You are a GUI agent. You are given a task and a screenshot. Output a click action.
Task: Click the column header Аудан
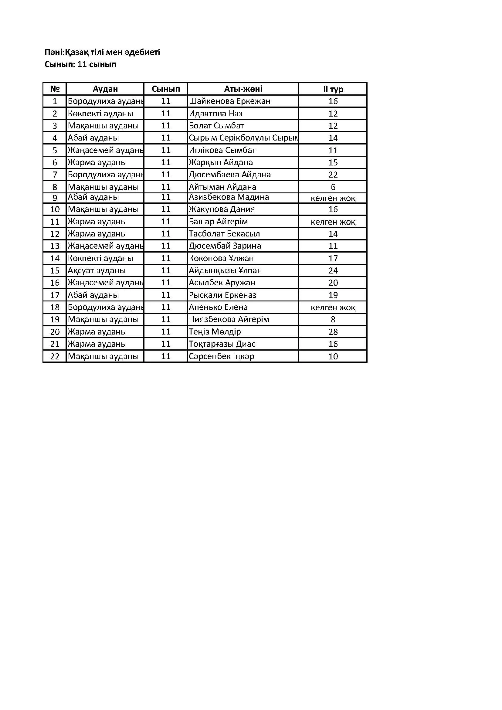point(105,89)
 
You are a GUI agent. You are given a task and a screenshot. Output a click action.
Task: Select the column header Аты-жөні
point(243,89)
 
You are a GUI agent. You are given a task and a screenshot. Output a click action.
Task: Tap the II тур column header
point(333,89)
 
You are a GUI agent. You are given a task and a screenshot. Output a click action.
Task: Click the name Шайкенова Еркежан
point(229,101)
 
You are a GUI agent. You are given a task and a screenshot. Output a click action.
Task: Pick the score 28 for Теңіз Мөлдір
point(333,332)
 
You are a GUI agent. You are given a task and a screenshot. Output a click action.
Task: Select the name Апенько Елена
point(218,307)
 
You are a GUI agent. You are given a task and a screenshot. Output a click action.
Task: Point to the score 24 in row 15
point(333,270)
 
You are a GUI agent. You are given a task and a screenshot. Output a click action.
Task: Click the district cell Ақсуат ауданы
point(97,270)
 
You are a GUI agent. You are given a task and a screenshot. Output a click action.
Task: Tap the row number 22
point(55,356)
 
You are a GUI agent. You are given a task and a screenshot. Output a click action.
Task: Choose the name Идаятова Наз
point(215,114)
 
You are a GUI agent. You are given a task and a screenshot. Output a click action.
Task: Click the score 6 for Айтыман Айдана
point(333,187)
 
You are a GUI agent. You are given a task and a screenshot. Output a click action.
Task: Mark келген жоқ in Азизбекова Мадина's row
point(333,198)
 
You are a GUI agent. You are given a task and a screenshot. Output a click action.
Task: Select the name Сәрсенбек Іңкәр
point(221,356)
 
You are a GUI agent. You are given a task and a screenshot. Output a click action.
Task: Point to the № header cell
point(55,89)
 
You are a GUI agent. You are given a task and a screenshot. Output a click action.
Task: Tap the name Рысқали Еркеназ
point(222,295)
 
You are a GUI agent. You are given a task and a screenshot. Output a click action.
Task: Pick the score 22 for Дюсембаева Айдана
point(333,175)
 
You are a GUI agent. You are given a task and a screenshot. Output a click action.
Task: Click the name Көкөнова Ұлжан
point(221,258)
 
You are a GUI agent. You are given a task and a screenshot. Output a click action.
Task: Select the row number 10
point(55,209)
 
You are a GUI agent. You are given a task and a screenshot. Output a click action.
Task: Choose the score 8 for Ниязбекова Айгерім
point(333,319)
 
